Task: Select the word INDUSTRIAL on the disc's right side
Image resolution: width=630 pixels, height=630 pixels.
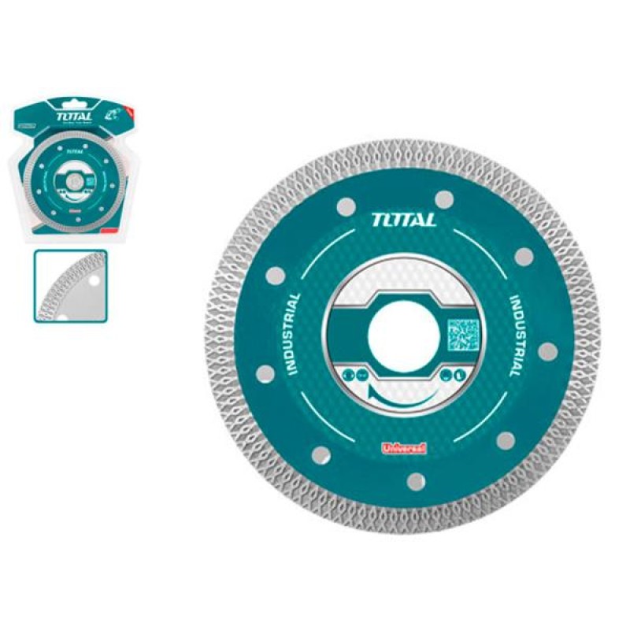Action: [510, 334]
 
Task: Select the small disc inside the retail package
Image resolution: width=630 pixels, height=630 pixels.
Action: [66, 173]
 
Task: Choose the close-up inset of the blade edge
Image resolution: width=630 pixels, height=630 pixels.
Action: [70, 285]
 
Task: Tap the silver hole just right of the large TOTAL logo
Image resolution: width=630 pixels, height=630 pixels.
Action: [444, 198]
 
